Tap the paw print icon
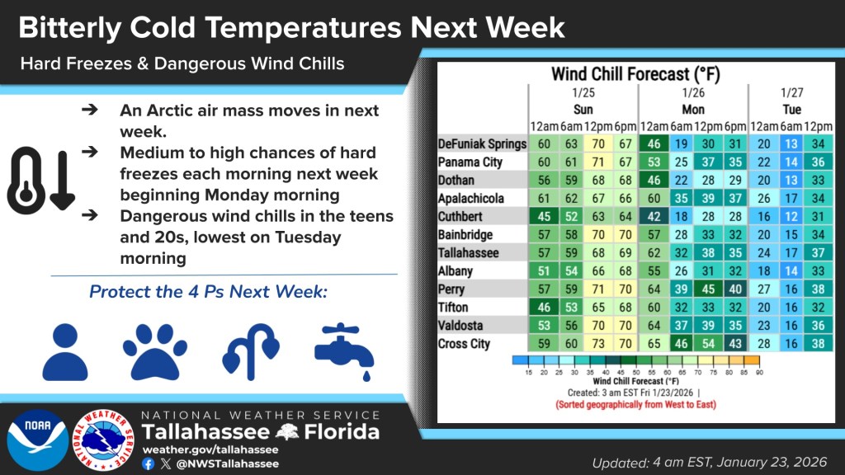154,350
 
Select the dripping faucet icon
344,350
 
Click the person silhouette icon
64,350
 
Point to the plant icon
250,350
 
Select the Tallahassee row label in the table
469,253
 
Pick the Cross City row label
464,344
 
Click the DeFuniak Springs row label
482,144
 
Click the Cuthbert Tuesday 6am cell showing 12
790,217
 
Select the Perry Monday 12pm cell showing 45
706,289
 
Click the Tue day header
791,109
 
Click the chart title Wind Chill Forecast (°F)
635,73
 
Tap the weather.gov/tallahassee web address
210,449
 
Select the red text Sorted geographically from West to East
635,405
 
